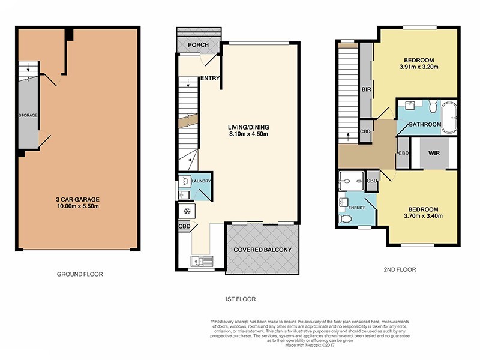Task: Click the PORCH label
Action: (x=197, y=45)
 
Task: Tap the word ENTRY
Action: (x=210, y=77)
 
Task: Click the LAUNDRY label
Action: (x=200, y=179)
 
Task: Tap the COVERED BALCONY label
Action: (x=262, y=250)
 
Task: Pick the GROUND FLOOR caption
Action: (x=80, y=274)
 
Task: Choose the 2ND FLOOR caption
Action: (x=398, y=269)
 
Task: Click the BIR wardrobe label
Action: (x=365, y=89)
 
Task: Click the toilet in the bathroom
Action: (x=433, y=107)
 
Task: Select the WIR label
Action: (x=435, y=153)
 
